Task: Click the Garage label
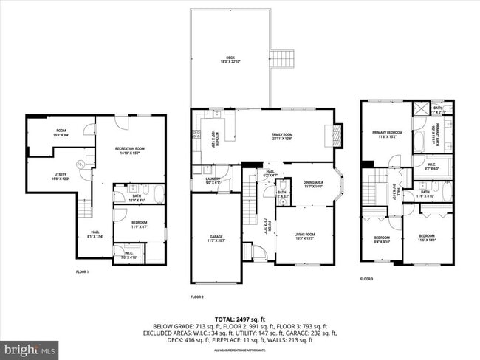216,238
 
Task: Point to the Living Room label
305,217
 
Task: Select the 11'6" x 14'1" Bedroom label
428,238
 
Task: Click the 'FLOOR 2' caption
196,297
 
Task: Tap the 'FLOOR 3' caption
367,279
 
